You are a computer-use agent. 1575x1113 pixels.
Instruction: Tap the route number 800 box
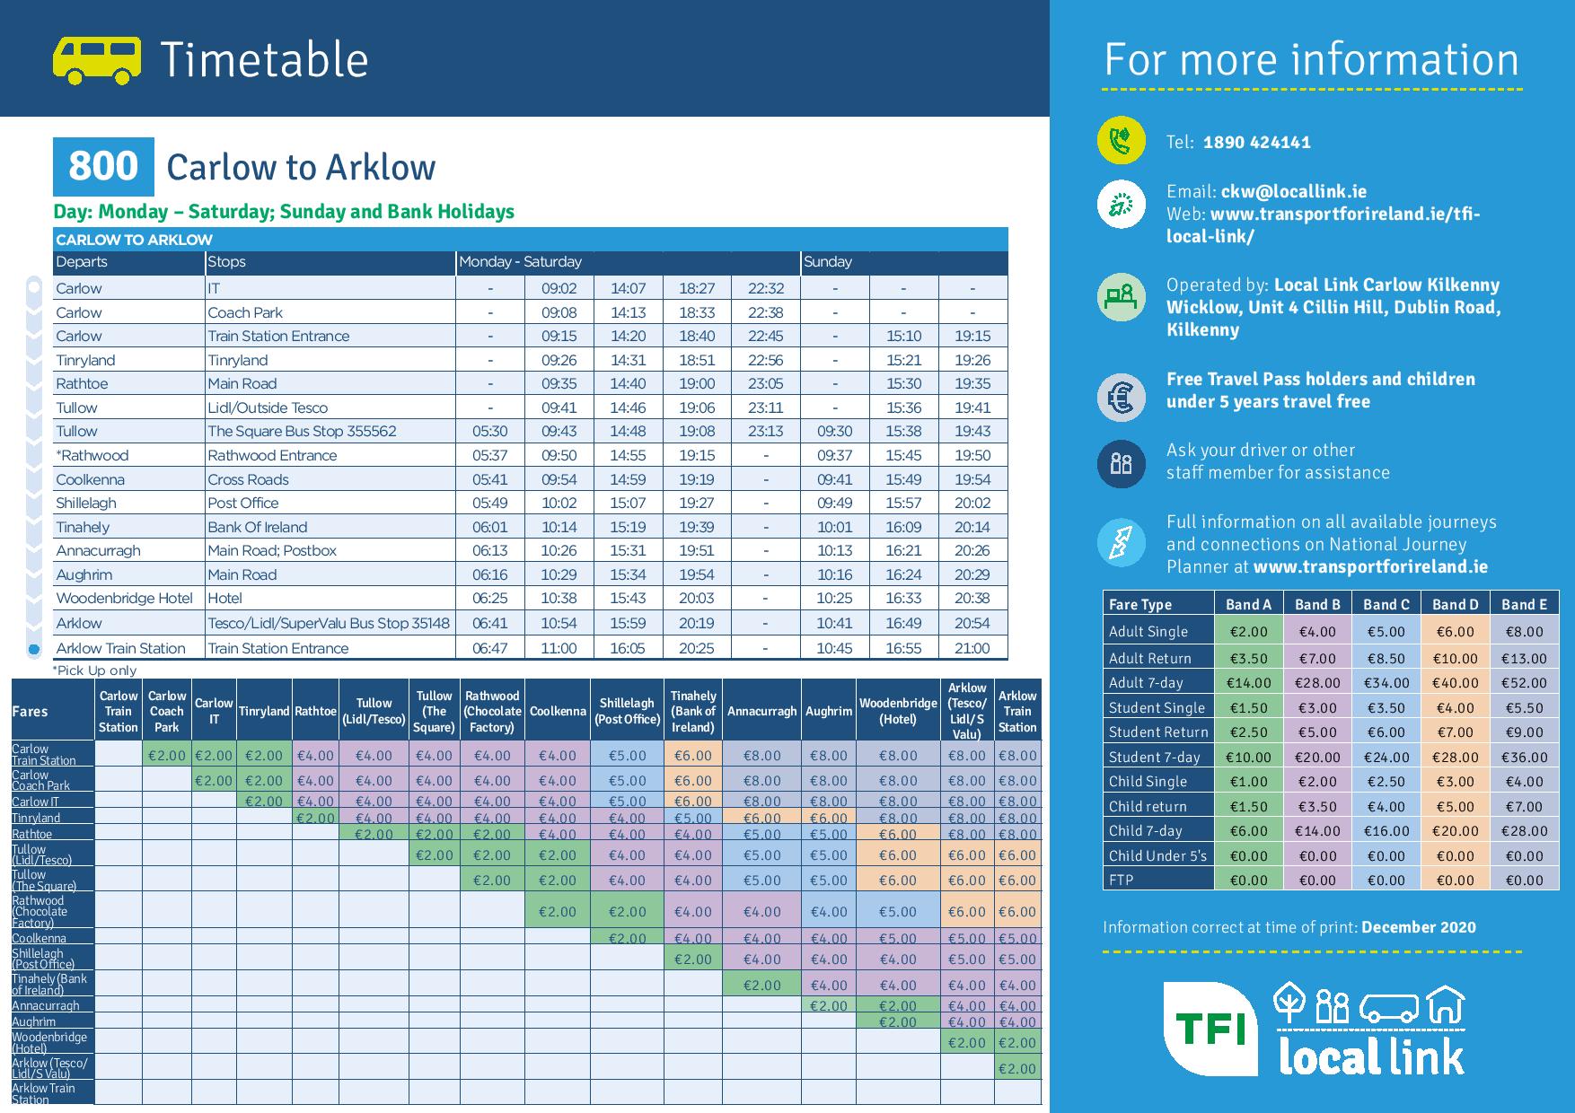(103, 167)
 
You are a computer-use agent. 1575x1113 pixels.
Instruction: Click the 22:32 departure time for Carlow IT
(765, 288)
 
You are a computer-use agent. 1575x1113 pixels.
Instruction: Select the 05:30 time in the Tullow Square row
(489, 431)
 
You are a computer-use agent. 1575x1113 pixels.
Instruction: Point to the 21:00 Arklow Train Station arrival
(972, 648)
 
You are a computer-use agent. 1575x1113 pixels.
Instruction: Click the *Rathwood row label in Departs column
(92, 455)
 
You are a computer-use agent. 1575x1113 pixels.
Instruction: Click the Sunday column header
(827, 262)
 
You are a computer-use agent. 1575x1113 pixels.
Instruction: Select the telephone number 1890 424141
(1256, 143)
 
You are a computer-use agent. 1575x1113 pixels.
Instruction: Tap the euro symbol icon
(1121, 397)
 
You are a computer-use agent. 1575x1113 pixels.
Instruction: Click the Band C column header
(1386, 605)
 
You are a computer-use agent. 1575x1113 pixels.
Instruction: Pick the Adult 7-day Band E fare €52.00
(1524, 683)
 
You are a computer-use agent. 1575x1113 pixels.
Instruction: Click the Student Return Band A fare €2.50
(1248, 732)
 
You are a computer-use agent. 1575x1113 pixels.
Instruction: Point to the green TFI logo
(1210, 1029)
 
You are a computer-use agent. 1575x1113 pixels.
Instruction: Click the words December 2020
(1418, 928)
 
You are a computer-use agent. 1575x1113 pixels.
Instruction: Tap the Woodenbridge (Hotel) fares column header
(898, 711)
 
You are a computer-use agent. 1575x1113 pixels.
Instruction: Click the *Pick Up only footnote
(94, 670)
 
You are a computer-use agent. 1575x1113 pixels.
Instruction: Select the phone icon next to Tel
(1121, 141)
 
